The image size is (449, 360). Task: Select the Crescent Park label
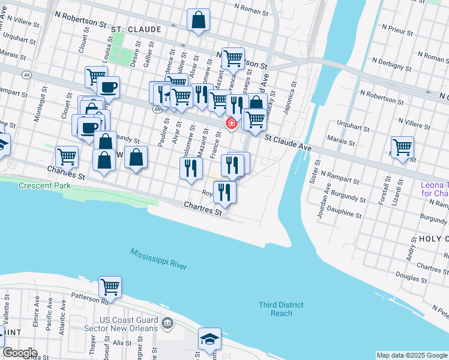[x=41, y=186]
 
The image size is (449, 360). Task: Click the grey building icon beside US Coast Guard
[x=169, y=324]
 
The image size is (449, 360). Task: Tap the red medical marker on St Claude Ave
[x=230, y=123]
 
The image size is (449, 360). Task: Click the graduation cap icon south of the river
[x=210, y=339]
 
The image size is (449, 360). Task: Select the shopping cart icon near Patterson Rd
[x=110, y=287]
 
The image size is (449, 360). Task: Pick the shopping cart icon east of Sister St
[x=402, y=147]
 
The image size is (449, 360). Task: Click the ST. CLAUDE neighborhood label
[x=136, y=29]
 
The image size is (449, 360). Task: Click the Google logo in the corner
[x=20, y=353]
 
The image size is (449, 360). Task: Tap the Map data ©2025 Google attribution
[x=411, y=355]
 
